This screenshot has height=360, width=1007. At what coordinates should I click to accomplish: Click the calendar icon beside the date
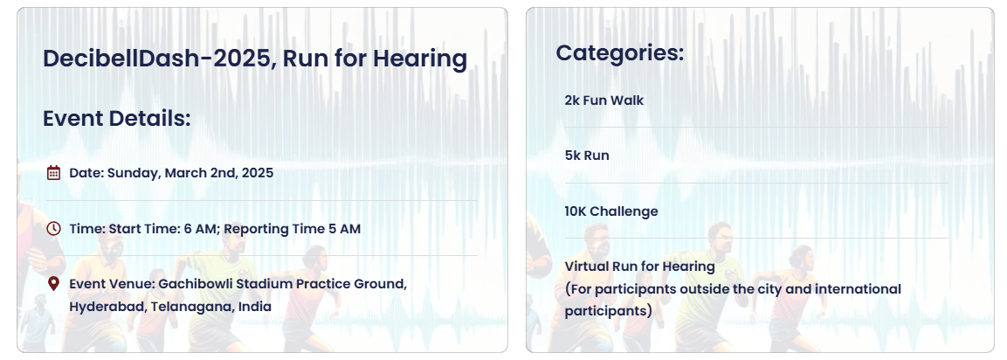pyautogui.click(x=54, y=172)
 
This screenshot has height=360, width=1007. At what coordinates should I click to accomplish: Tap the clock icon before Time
pyautogui.click(x=54, y=228)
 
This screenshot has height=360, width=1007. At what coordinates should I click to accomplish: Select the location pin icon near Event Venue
pyautogui.click(x=54, y=283)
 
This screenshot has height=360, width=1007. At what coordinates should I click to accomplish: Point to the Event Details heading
pyautogui.click(x=117, y=118)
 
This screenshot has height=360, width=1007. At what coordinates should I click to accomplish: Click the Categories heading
pyautogui.click(x=620, y=52)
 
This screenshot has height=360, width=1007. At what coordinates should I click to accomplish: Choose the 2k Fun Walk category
pyautogui.click(x=604, y=100)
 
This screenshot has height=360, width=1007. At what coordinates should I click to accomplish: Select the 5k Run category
pyautogui.click(x=587, y=156)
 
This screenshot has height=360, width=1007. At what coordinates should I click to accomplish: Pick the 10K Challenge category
pyautogui.click(x=611, y=211)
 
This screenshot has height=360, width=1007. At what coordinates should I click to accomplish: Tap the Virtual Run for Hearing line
pyautogui.click(x=639, y=267)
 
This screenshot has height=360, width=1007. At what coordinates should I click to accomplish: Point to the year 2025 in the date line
pyautogui.click(x=258, y=173)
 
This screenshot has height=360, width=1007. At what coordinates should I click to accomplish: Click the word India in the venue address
pyautogui.click(x=255, y=307)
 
